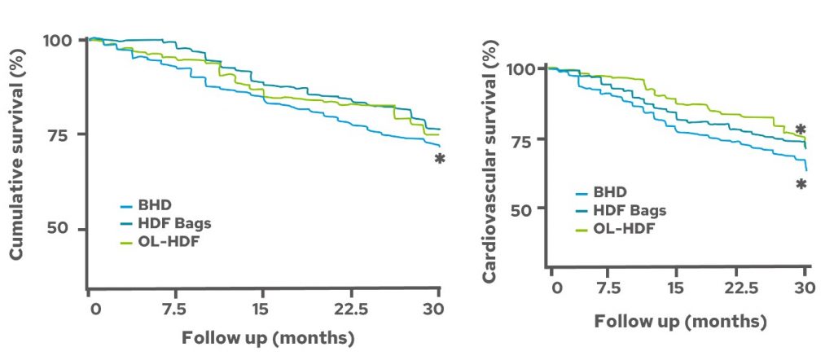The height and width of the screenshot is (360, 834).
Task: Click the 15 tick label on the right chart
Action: (675, 288)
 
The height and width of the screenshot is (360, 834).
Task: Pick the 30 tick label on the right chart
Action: (805, 288)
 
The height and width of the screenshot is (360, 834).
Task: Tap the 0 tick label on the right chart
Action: (557, 288)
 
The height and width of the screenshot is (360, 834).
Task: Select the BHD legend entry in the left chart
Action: (140, 204)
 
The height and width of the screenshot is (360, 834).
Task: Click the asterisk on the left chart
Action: (439, 159)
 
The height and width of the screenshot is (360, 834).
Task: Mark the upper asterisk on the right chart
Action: (801, 130)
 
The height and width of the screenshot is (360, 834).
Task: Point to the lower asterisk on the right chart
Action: (801, 185)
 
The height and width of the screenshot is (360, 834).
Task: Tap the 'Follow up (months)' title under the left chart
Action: (268, 338)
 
